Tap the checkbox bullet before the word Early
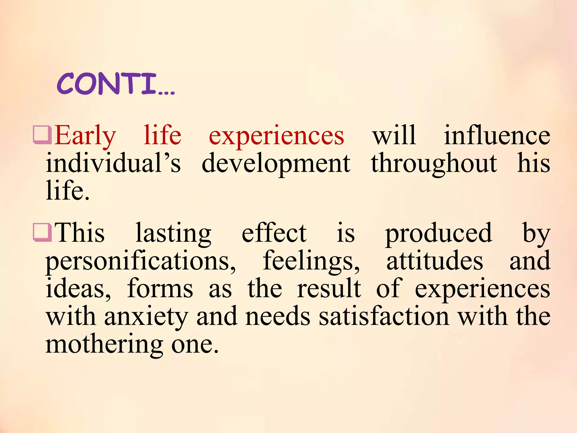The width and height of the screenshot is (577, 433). click(42, 135)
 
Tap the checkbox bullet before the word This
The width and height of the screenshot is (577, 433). click(42, 232)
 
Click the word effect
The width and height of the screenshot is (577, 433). click(274, 233)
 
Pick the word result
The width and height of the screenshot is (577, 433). click(329, 288)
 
